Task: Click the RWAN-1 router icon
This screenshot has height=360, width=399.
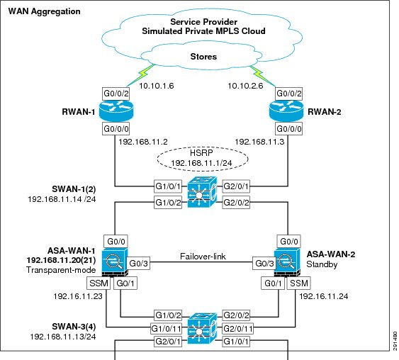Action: pos(116,111)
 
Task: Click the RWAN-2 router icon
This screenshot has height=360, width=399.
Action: pos(286,111)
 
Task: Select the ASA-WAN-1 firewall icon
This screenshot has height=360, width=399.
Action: pos(115,262)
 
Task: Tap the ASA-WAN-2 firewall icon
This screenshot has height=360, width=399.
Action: pos(287,262)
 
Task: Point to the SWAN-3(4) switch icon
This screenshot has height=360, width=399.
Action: pos(202,328)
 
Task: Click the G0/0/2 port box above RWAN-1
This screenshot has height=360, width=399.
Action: pos(116,94)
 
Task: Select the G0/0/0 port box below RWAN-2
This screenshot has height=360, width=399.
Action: pos(289,129)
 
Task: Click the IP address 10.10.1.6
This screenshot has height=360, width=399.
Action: pos(157,86)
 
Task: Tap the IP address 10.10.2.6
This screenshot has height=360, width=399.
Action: pos(245,86)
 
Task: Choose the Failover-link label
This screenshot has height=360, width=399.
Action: pos(203,257)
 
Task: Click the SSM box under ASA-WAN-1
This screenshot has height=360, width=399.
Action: pos(99,283)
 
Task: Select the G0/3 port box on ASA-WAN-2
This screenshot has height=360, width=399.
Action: pos(264,264)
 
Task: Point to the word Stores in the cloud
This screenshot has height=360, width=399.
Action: pos(203,57)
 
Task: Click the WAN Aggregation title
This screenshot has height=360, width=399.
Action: pos(44,11)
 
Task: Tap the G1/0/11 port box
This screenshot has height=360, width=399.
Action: pos(166,328)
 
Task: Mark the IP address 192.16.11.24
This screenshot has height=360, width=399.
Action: pos(323,296)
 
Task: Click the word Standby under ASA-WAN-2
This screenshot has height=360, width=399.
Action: pos(322,264)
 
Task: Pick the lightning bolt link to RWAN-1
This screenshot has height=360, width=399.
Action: pos(140,75)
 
